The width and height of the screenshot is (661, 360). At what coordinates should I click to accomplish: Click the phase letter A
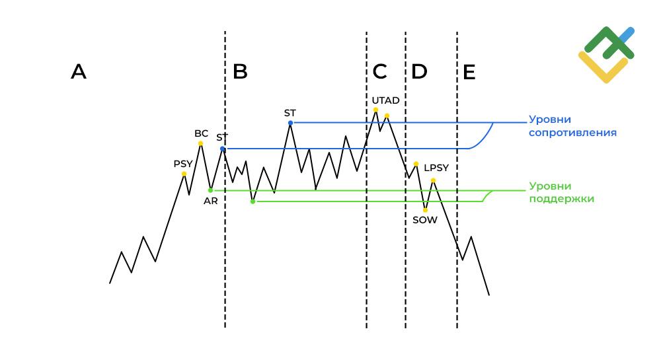(79, 71)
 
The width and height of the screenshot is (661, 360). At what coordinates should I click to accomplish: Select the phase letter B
(241, 71)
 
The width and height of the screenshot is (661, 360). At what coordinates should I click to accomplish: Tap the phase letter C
(379, 71)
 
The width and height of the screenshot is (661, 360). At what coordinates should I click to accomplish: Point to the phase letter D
(419, 71)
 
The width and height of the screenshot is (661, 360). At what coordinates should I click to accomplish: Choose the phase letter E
(469, 72)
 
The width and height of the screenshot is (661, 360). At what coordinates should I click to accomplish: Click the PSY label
(183, 164)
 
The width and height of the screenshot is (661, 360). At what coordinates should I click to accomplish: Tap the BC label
(201, 133)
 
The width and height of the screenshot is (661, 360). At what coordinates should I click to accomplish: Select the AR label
(211, 201)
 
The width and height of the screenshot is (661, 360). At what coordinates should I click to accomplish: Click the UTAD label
(385, 100)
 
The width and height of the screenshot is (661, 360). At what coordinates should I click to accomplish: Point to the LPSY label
(436, 168)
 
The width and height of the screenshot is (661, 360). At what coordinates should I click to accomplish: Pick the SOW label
(425, 220)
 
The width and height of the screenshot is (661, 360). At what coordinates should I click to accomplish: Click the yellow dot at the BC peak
(201, 143)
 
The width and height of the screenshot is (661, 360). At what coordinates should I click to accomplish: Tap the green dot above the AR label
(210, 190)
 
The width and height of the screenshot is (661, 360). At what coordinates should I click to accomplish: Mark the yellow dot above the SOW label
(425, 210)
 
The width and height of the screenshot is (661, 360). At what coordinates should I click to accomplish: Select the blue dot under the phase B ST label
(290, 123)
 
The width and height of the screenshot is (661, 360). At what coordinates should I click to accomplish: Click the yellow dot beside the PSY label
(184, 174)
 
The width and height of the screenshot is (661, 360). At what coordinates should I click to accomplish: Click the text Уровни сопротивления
(572, 126)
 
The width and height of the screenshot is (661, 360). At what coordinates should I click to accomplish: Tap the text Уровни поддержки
(561, 192)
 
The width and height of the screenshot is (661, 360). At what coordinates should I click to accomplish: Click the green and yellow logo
(606, 54)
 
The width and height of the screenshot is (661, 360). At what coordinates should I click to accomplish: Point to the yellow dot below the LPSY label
(433, 180)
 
